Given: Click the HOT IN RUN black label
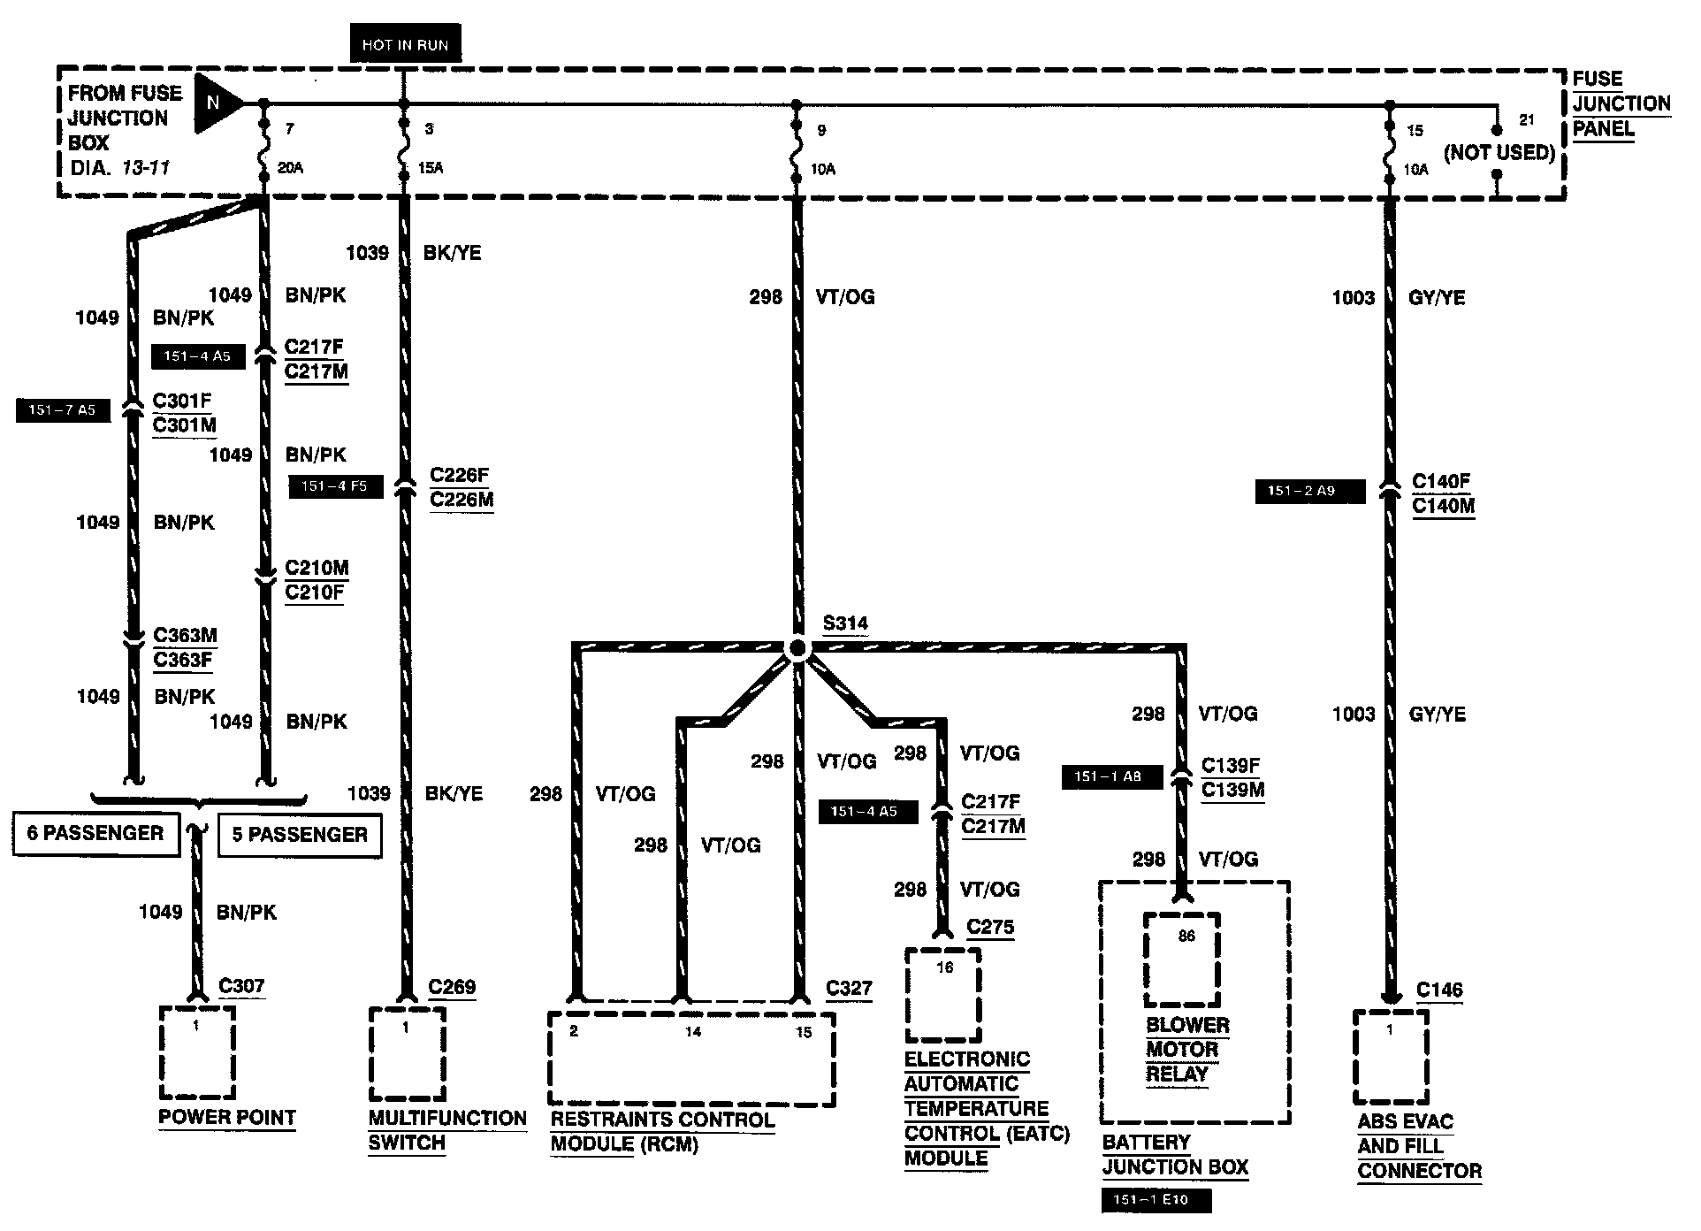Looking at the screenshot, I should [405, 45].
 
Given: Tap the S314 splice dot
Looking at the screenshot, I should [797, 650].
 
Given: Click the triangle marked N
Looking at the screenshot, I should [215, 103].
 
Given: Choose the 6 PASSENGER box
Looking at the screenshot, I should [95, 834].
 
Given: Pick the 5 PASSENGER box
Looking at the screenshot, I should [300, 835].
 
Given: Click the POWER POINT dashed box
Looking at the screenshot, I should [197, 1051].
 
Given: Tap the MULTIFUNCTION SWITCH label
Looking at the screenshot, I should [447, 1130].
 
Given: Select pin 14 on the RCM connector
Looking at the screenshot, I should [693, 1031].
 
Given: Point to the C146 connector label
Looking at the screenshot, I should [1439, 990].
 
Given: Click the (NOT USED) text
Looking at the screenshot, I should [1499, 153].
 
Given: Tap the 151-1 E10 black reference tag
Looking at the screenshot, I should [1156, 1201].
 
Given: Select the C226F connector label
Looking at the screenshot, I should [460, 476].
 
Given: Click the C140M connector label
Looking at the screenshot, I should [1443, 507].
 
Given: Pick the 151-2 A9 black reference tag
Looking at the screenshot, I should [1309, 491].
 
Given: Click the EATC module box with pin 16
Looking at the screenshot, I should [943, 995].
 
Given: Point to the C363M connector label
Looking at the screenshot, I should [185, 635].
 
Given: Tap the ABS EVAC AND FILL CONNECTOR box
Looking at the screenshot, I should [1391, 1058].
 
